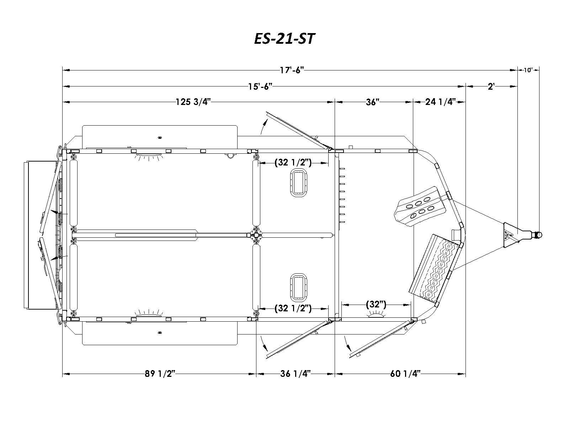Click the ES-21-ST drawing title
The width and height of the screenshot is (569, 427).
click(x=284, y=39)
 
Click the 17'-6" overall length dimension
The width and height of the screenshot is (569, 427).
click(x=292, y=70)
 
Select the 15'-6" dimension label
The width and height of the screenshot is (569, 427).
click(x=260, y=86)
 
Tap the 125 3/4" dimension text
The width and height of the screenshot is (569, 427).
click(x=193, y=102)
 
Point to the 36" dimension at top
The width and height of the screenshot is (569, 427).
click(x=372, y=102)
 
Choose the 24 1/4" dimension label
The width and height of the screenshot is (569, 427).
click(x=440, y=102)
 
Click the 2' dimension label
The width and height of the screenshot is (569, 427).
click(x=491, y=86)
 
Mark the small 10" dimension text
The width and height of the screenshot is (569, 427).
click(x=528, y=70)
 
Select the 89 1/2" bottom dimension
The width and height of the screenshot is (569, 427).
click(x=160, y=374)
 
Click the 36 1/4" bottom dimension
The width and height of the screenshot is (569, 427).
click(x=295, y=374)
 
